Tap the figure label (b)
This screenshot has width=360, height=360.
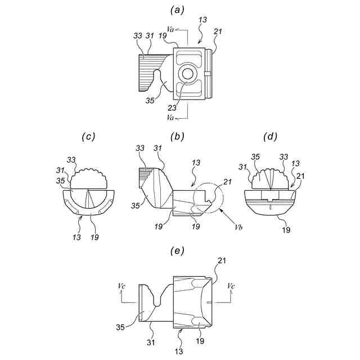[179, 137]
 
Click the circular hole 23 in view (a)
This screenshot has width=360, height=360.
[187, 74]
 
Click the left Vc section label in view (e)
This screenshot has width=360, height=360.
[121, 286]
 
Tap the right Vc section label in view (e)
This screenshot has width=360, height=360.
[232, 286]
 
